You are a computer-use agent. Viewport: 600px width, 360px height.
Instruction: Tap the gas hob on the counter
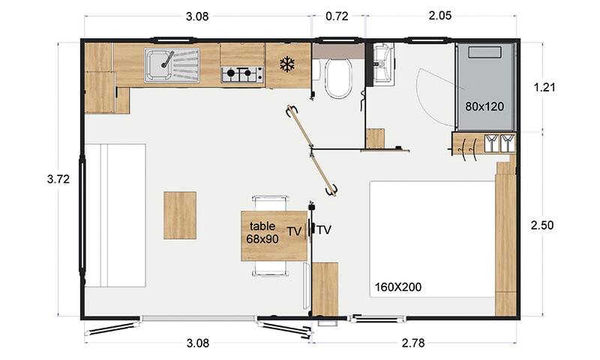tap(242, 74)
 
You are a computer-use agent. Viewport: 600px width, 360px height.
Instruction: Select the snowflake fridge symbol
tap(286, 64)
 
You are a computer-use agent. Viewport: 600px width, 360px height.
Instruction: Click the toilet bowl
tap(338, 79)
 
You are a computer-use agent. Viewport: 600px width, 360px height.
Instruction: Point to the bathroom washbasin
tap(383, 64)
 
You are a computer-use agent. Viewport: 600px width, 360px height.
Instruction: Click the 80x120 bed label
tap(484, 106)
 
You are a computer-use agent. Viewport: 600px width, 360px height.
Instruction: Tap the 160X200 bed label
tap(398, 287)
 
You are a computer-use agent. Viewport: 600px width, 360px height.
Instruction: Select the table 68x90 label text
tap(262, 232)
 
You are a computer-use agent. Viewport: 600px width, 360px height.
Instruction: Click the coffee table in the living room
tap(180, 215)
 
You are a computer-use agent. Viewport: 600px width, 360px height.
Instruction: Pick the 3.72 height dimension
tap(58, 178)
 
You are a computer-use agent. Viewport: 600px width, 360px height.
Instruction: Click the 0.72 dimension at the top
tap(337, 16)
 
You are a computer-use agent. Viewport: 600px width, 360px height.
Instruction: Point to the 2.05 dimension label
tap(440, 16)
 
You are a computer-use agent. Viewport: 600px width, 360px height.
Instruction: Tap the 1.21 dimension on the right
tap(544, 87)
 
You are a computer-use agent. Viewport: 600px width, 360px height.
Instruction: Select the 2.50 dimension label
tap(542, 225)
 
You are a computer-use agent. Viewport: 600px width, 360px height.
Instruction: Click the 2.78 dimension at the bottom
tap(413, 343)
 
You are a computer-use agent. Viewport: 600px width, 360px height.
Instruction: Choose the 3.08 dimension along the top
tap(197, 16)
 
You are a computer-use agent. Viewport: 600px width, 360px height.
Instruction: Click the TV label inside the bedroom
tap(324, 230)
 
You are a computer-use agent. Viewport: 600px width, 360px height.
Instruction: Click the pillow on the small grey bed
tap(484, 52)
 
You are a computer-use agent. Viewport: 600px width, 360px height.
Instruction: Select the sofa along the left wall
tap(115, 215)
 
